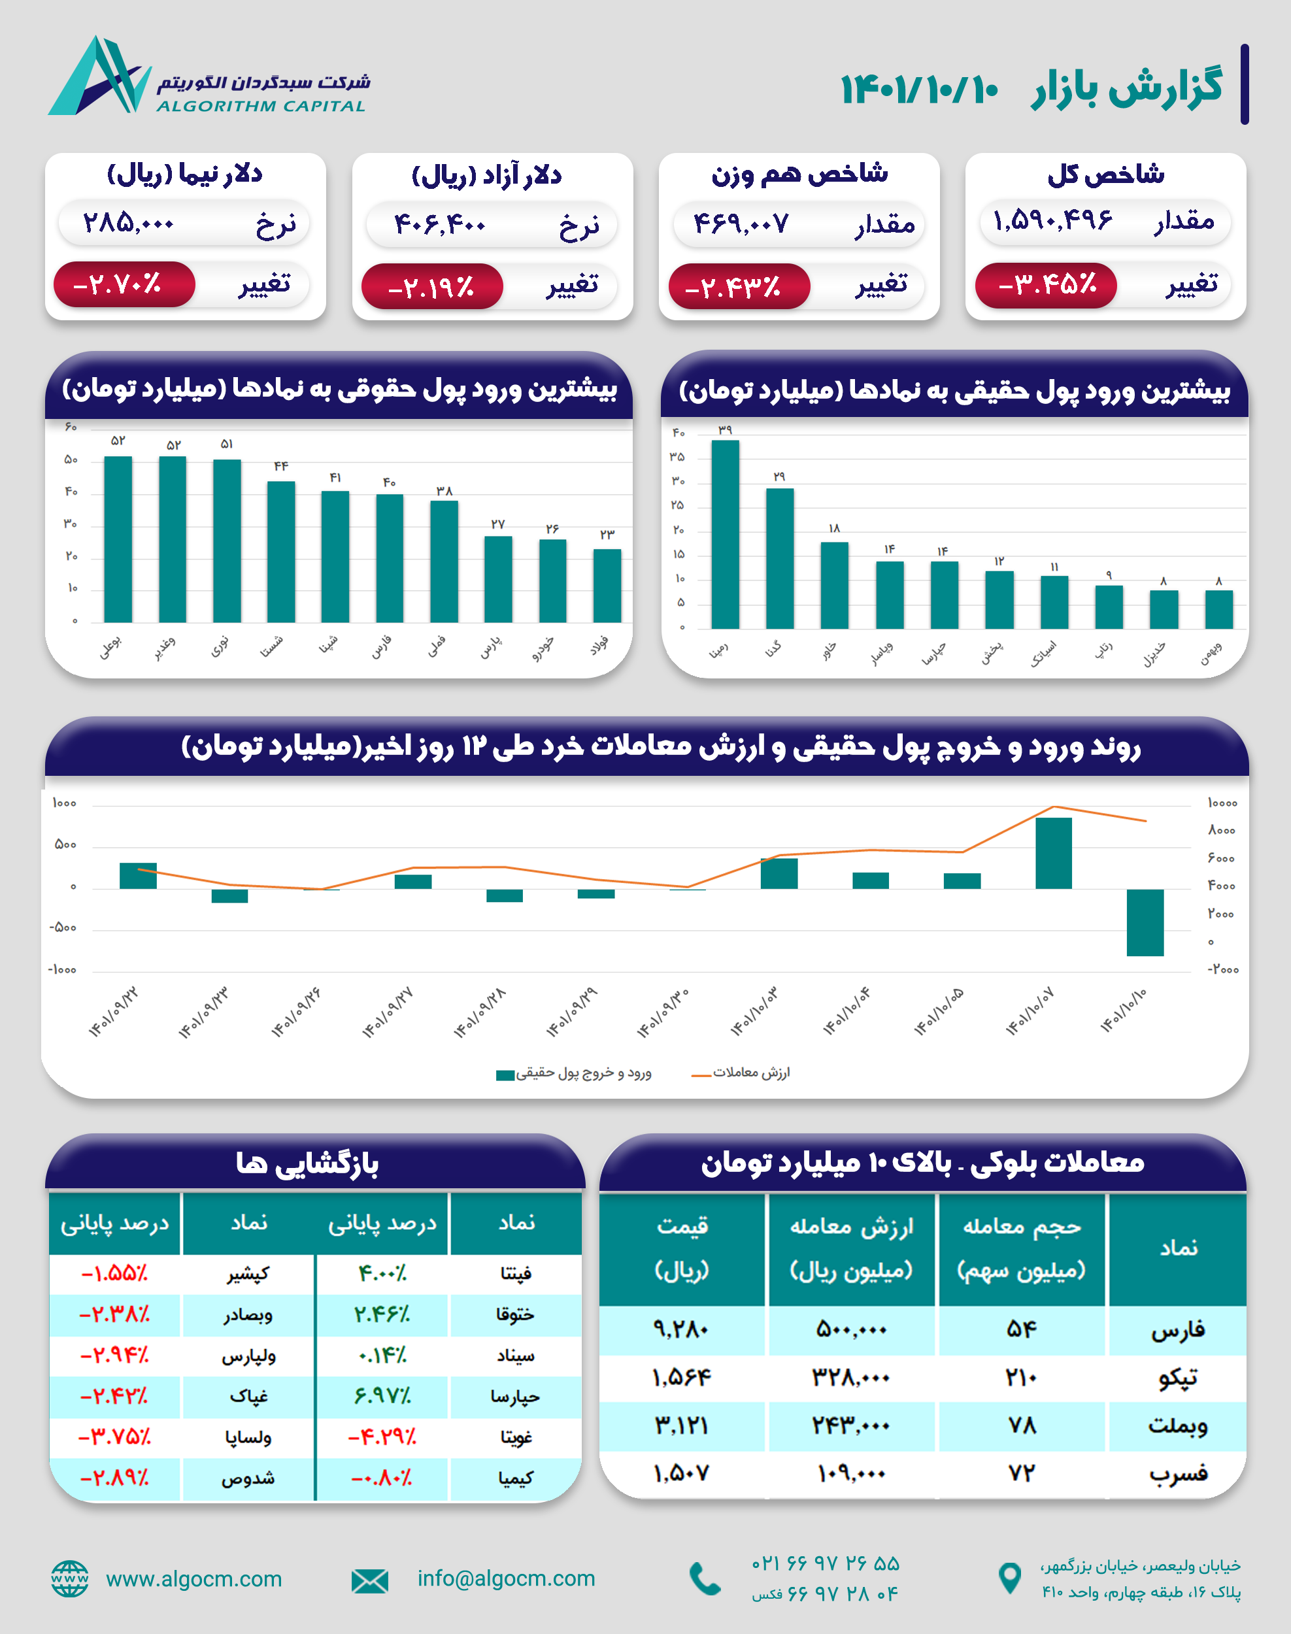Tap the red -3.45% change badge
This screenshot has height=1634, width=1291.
click(x=1046, y=285)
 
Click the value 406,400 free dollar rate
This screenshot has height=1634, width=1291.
click(x=439, y=224)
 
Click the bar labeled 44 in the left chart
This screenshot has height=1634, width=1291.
click(x=281, y=551)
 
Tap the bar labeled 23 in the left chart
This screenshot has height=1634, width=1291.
click(x=607, y=585)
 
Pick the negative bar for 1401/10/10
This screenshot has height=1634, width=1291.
click(x=1145, y=922)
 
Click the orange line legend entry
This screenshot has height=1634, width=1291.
click(x=741, y=1073)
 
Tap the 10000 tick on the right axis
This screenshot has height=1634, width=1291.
click(x=1222, y=803)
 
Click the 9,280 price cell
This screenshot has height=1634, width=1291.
click(x=681, y=1329)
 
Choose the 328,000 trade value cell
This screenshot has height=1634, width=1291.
click(x=851, y=1378)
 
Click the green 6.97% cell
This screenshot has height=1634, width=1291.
click(x=382, y=1396)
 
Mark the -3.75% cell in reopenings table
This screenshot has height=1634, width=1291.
click(x=115, y=1437)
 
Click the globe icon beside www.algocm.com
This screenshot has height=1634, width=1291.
click(x=69, y=1579)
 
